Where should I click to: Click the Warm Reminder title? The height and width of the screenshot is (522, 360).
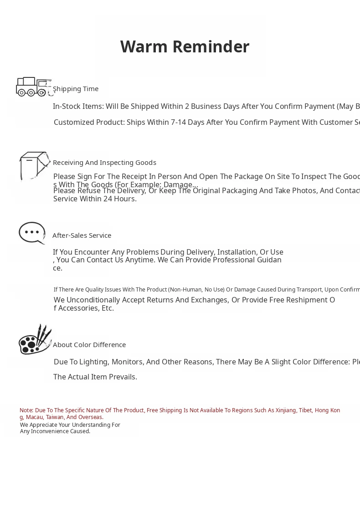(185, 47)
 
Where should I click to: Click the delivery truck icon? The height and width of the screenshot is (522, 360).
(33, 87)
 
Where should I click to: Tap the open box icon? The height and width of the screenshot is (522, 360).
(34, 166)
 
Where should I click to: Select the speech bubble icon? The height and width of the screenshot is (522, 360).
(32, 233)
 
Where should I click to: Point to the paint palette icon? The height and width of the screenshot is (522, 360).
(35, 339)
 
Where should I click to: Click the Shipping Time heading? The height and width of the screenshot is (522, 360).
(76, 89)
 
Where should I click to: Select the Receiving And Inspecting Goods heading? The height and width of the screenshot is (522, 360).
(104, 163)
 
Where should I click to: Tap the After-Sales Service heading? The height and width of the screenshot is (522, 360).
(82, 235)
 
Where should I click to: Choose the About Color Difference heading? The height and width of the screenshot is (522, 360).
(89, 345)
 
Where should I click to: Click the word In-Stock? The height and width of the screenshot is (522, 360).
(67, 107)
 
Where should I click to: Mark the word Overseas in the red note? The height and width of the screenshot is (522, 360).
(91, 417)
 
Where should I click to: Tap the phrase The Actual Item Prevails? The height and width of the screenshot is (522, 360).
(95, 377)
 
